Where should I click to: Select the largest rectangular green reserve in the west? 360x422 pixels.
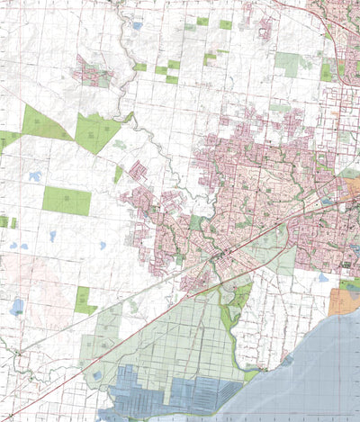click(66, 200)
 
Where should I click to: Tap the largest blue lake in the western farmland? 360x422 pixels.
click(17, 306)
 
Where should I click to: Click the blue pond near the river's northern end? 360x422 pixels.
click(137, 26)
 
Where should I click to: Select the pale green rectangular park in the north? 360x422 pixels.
click(287, 63)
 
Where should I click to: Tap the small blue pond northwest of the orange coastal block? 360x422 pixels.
click(321, 278)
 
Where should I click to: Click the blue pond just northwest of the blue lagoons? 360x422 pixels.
click(97, 373)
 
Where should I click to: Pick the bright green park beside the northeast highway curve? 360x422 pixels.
click(327, 70)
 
